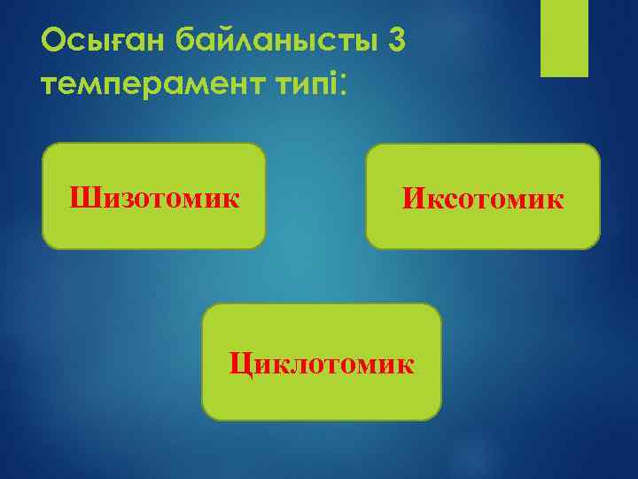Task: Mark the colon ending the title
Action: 343,87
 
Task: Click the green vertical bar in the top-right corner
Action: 565,38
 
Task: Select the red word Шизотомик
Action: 154,196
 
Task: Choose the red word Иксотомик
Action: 483,198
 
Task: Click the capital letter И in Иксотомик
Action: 413,198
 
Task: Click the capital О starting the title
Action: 54,41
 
